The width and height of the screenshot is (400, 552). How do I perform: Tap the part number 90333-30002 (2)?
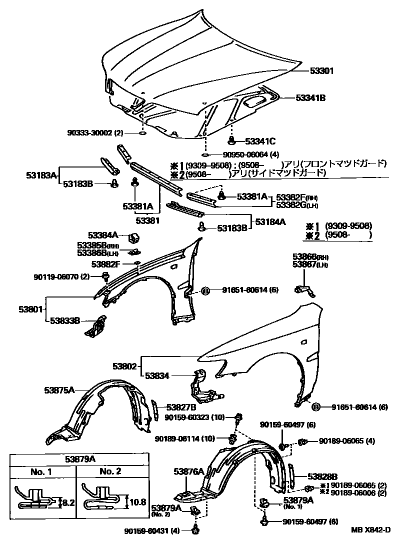pos(95,133)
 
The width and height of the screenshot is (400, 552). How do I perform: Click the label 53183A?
pos(41,175)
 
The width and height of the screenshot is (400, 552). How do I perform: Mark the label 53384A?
pos(103,234)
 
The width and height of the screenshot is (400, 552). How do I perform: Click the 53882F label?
pos(105,263)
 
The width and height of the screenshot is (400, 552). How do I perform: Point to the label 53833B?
pos(65,320)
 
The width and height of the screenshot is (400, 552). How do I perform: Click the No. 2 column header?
pos(110,471)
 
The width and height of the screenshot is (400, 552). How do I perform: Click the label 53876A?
pos(188,471)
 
